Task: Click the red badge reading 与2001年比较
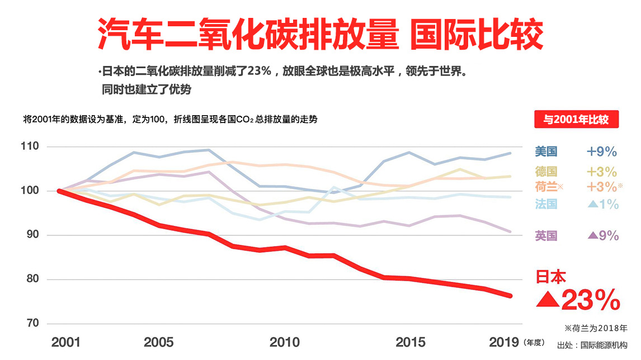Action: (576, 120)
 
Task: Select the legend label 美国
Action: (546, 151)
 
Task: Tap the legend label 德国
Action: (546, 172)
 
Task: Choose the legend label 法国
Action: (546, 204)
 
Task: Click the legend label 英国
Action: (546, 236)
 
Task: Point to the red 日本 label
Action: (551, 276)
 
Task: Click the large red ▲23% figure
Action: (578, 300)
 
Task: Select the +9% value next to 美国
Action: (601, 151)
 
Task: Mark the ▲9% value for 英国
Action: (603, 236)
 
